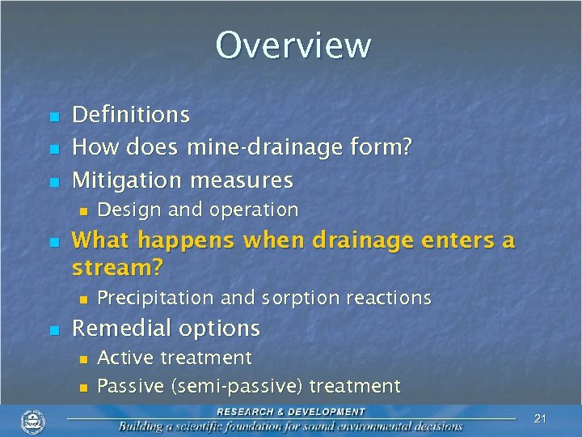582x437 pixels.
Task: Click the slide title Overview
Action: [293, 45]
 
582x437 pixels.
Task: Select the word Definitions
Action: [131, 115]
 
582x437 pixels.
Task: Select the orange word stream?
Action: [118, 267]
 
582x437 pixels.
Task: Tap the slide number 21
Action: [541, 418]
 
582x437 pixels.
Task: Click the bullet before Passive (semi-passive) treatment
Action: [82, 388]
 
